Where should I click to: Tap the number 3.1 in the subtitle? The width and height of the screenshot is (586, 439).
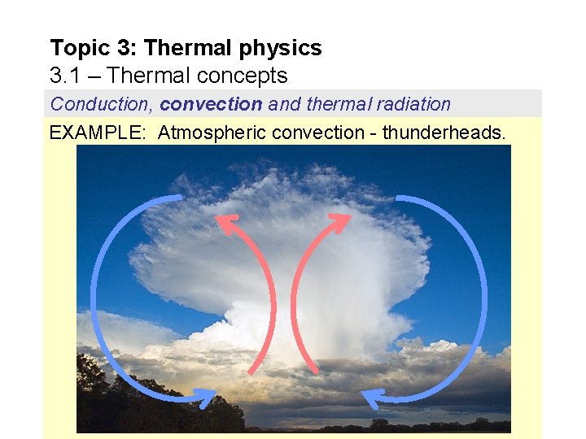click(66, 76)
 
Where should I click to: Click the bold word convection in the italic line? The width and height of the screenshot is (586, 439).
click(211, 104)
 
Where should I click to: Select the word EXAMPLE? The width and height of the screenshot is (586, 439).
click(98, 132)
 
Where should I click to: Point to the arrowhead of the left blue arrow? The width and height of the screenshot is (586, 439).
click(207, 396)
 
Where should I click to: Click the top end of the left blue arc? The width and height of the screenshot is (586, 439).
click(180, 198)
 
